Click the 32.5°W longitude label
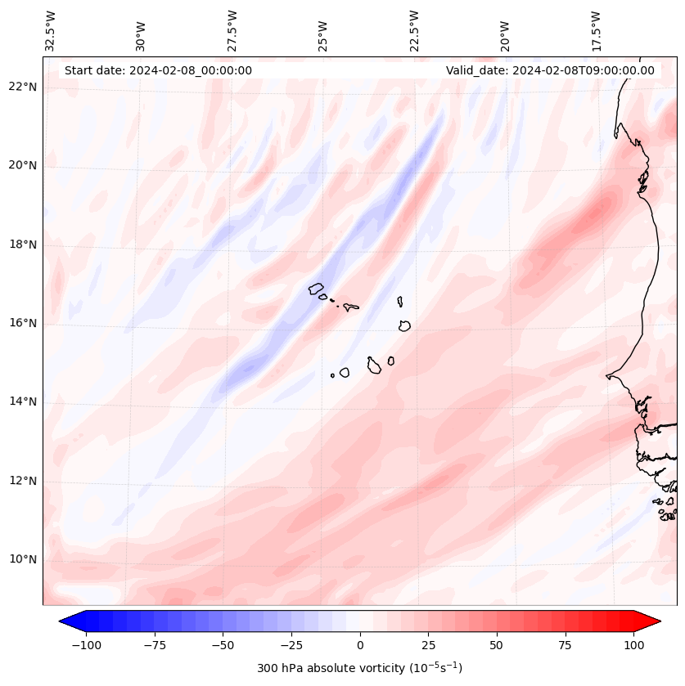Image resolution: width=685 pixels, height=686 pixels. tap(51, 31)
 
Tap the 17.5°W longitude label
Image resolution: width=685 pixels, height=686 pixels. tap(596, 31)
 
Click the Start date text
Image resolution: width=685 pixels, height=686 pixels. tap(158, 70)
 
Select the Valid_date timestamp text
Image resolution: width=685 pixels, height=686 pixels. tap(550, 70)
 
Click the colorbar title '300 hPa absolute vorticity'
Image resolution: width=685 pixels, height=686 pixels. tap(360, 668)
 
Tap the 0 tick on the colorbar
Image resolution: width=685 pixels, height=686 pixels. tap(360, 645)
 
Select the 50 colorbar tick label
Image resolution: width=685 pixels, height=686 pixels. tap(496, 645)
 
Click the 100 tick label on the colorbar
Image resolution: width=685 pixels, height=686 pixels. tap(633, 645)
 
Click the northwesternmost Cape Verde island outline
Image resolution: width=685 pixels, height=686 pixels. tap(316, 289)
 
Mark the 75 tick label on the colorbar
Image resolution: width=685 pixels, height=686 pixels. tap(565, 645)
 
